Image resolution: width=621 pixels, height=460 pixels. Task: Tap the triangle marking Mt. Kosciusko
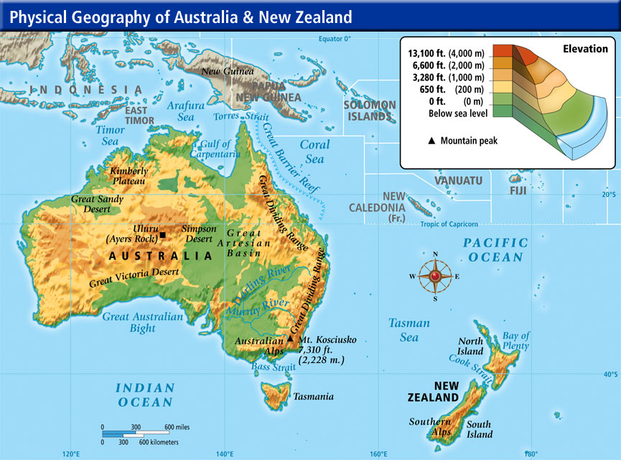(290, 338)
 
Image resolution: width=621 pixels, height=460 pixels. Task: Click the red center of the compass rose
(435, 276)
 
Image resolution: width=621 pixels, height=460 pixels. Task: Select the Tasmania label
(313, 396)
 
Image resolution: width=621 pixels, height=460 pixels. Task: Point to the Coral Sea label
(314, 152)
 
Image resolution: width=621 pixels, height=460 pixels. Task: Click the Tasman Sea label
(409, 331)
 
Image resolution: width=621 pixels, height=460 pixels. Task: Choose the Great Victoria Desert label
(134, 277)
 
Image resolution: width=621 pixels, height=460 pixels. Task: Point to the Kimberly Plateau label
(129, 176)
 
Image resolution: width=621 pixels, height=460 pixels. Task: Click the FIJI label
(518, 190)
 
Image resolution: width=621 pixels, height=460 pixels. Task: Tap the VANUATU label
(458, 180)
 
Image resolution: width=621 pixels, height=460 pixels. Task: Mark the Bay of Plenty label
(515, 341)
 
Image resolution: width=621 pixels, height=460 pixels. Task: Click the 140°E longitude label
(225, 454)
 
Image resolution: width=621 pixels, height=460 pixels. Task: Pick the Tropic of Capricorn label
(450, 224)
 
